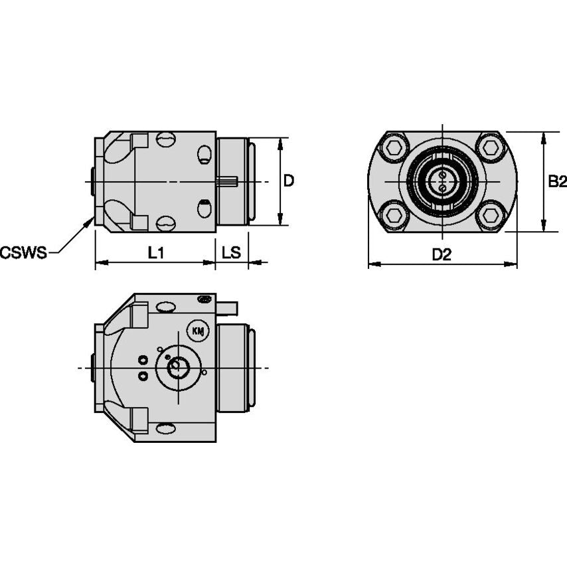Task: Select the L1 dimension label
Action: (x=156, y=252)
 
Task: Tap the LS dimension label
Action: (x=231, y=252)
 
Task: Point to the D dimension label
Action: (x=289, y=181)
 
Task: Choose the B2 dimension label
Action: (x=556, y=181)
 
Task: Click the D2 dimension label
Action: (x=442, y=254)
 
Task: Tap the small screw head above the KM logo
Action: (x=205, y=299)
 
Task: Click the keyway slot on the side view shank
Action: (x=228, y=181)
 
